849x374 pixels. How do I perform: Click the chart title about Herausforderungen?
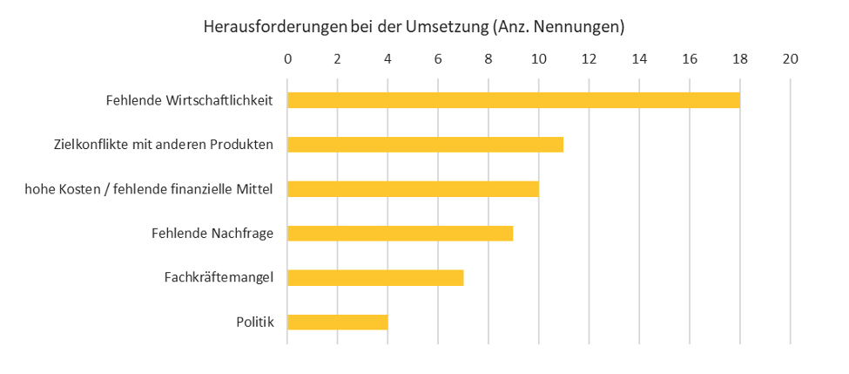[x=414, y=27]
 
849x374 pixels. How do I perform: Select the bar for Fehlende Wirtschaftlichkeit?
[x=513, y=100]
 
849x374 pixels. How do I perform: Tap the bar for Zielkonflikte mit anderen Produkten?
[x=425, y=145]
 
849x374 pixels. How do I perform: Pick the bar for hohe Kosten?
[x=413, y=189]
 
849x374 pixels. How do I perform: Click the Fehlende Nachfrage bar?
[x=400, y=233]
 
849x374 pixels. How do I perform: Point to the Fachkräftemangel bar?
[x=374, y=278]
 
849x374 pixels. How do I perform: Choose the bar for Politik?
[x=337, y=323]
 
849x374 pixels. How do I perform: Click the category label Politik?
[x=255, y=323]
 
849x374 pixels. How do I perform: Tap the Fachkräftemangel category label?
[x=219, y=278]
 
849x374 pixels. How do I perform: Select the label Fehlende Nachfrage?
[x=212, y=233]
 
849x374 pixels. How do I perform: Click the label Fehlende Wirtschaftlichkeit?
[x=190, y=100]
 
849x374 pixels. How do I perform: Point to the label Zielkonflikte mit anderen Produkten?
[x=164, y=145]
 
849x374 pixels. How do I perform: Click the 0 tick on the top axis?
[x=287, y=59]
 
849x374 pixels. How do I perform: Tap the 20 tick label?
[x=790, y=59]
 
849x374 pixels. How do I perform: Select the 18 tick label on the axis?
[x=739, y=59]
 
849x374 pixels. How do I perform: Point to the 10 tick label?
[x=538, y=59]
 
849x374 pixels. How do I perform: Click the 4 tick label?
[x=387, y=59]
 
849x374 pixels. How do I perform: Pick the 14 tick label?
[x=639, y=59]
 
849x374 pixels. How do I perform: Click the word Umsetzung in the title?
[x=445, y=27]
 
